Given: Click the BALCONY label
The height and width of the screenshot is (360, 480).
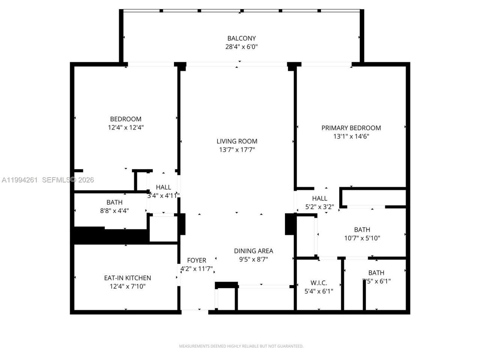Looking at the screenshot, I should [x=241, y=38].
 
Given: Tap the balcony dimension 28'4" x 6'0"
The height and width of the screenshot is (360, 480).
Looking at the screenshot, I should [x=241, y=47].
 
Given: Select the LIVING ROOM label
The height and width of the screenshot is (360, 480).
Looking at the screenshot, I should [x=237, y=141].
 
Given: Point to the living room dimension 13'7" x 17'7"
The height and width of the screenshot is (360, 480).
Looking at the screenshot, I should [x=237, y=150].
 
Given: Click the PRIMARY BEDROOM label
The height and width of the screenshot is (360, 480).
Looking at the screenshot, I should [x=351, y=128].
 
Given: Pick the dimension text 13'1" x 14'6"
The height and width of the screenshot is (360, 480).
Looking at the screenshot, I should [x=351, y=136].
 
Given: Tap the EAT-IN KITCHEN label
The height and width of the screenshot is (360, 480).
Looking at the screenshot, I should [x=127, y=278].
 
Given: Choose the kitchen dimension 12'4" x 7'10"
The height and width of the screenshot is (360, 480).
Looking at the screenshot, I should [x=127, y=286].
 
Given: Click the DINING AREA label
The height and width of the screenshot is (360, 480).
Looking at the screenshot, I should [x=253, y=251].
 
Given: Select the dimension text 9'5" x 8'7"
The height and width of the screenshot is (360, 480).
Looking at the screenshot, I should [x=253, y=259].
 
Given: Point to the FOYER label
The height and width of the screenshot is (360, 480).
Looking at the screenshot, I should [x=196, y=260].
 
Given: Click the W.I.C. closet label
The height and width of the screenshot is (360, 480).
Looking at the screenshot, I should [x=319, y=283].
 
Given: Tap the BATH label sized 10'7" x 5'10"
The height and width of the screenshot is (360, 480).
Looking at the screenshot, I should [x=362, y=229].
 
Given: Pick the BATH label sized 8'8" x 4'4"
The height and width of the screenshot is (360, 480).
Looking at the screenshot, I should [x=114, y=202].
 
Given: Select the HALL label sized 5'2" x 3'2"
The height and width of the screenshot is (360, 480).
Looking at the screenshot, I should [x=319, y=198].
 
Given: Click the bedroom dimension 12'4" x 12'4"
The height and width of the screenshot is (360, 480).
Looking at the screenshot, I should [x=126, y=127].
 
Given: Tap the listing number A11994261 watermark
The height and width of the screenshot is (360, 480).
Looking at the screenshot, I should [x=19, y=180].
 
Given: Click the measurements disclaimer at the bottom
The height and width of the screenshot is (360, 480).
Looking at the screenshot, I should [x=241, y=346].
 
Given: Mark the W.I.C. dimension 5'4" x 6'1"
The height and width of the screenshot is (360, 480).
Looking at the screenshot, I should [x=319, y=291].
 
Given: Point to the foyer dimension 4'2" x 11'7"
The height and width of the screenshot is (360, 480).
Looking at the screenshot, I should [x=196, y=269].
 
